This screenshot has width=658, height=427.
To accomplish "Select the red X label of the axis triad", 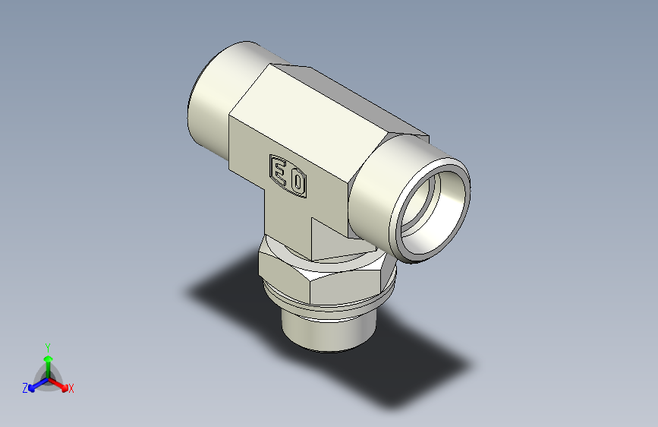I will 71,389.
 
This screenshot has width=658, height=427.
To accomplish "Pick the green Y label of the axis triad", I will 47,346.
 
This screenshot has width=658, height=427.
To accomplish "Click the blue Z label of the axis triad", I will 25,388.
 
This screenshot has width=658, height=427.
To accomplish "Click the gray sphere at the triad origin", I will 48,378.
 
